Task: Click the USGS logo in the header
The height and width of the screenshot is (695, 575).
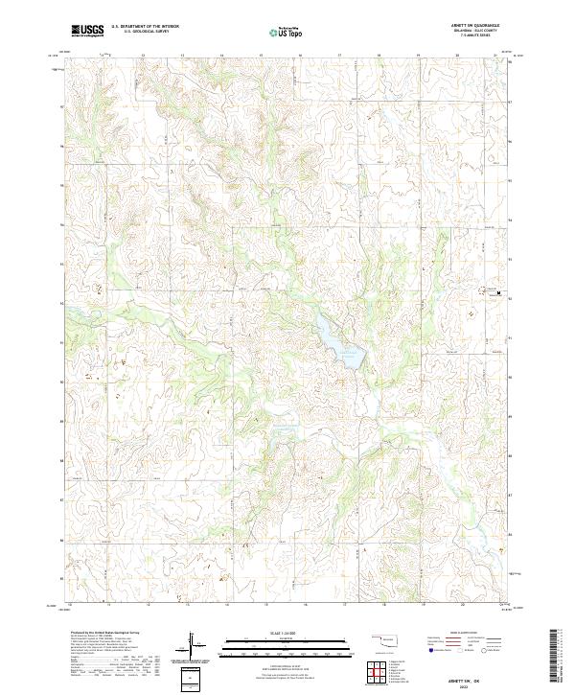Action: [x=87, y=31]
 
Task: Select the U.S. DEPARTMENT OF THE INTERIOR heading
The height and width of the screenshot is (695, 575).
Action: [x=145, y=27]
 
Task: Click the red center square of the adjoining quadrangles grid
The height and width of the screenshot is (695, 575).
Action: [x=380, y=672]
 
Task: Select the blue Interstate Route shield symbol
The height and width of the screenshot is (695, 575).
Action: [x=430, y=650]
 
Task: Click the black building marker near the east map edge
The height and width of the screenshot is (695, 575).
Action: [x=498, y=291]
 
